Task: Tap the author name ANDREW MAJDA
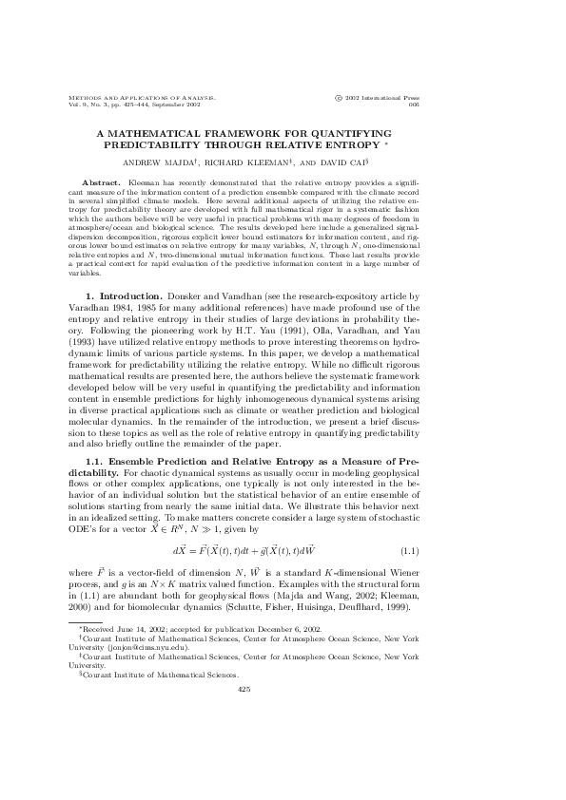(x=171, y=162)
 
